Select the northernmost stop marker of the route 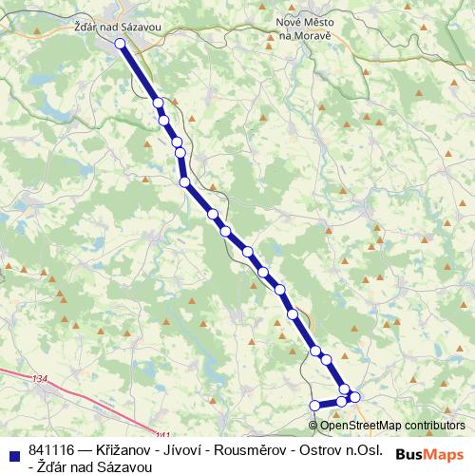[121, 44]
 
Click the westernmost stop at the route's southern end [315, 406]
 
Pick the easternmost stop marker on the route [355, 396]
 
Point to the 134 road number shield [39, 379]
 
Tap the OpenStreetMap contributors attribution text [392, 426]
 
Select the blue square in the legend [13, 454]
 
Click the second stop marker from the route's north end [158, 103]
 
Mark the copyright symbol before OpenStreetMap [313, 426]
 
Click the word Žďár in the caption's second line [51, 465]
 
